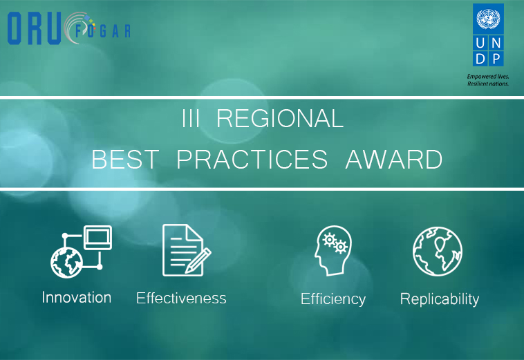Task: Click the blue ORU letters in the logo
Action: (34, 28)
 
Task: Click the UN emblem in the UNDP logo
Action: (488, 19)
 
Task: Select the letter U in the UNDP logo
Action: (480, 43)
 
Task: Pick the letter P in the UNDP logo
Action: (496, 59)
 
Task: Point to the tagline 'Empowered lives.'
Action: (488, 77)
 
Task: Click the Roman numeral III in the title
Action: (191, 118)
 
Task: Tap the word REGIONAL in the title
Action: (280, 118)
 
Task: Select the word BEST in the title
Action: (125, 160)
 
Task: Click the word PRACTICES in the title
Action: (252, 160)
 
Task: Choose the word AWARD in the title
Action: (394, 160)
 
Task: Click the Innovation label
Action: (77, 297)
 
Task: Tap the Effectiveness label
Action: (181, 298)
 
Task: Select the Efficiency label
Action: (333, 299)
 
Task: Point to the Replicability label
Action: (440, 299)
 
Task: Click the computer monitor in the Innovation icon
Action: (97, 238)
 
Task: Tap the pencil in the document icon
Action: (198, 260)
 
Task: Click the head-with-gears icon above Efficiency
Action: (333, 250)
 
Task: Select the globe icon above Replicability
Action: (438, 252)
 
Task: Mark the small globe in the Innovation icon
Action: (67, 263)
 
